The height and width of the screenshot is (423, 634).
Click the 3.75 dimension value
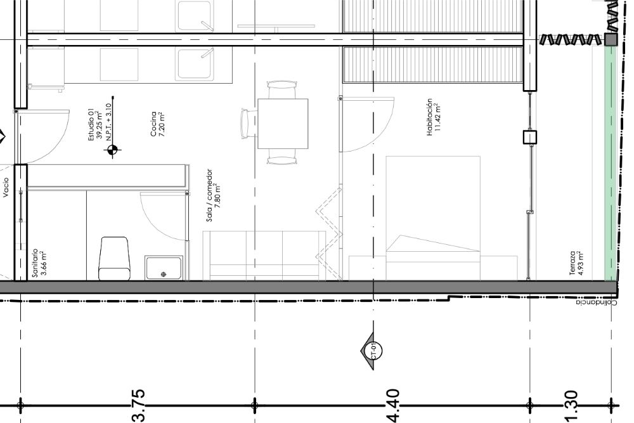point(138,406)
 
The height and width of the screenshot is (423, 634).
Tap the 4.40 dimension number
point(392,406)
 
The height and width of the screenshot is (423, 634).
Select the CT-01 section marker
point(371,351)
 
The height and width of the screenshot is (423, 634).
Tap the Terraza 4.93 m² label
point(576,263)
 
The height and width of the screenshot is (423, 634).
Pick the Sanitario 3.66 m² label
point(39,263)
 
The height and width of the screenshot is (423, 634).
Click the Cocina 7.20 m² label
point(157,124)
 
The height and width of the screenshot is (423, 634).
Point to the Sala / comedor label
point(209,195)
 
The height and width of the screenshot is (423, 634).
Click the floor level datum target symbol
point(112,150)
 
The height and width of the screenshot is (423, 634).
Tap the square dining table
point(283,124)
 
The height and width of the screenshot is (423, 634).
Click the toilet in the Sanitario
point(114,259)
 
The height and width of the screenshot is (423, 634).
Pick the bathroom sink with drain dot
point(164,268)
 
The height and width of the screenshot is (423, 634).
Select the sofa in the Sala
point(264,256)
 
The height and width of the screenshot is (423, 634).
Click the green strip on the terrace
point(610,164)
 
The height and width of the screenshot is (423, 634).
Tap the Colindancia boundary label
point(597,303)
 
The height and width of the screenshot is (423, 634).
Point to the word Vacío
point(6,188)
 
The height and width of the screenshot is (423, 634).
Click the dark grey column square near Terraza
point(611,39)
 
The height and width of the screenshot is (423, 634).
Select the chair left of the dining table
point(246,123)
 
